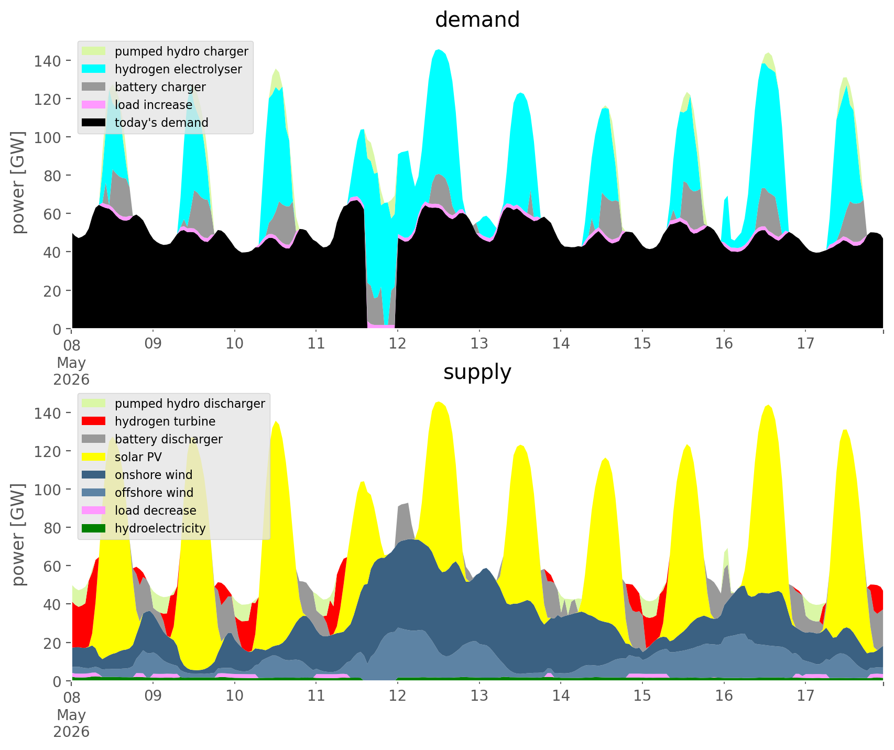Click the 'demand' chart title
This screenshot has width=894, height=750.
(477, 20)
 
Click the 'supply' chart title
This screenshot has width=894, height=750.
(477, 372)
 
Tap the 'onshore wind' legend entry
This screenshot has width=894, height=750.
(138, 475)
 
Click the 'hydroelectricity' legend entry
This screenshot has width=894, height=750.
(145, 528)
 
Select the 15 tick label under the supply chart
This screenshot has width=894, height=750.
(642, 697)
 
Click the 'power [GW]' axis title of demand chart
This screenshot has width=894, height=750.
(19, 183)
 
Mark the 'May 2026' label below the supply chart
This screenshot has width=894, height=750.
(71, 723)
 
